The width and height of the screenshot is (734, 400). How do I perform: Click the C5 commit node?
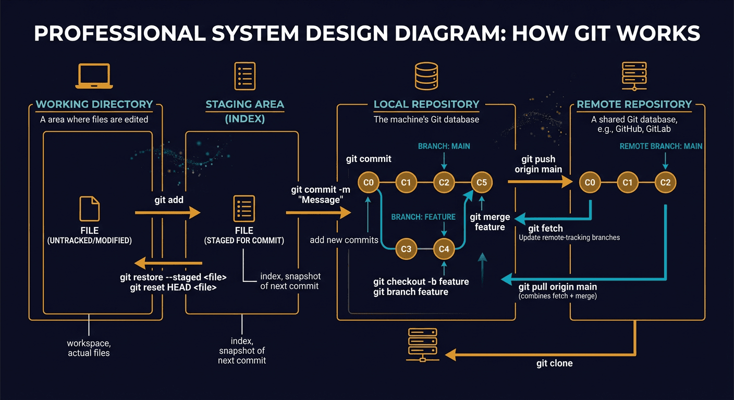coord(481,182)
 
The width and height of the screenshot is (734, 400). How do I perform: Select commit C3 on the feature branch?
coord(406,249)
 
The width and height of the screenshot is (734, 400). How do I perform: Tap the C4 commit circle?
coord(444,249)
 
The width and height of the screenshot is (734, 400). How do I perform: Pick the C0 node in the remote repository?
coord(590,182)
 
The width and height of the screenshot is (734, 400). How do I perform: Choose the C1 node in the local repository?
coord(406,182)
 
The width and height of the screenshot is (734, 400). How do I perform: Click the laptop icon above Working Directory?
coord(93,76)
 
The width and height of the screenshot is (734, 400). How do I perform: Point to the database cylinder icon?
coord(426,77)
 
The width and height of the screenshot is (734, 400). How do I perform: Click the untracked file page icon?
coord(89,209)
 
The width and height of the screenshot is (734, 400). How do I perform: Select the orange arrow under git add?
coord(167,213)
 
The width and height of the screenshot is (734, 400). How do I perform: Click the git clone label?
coord(554,363)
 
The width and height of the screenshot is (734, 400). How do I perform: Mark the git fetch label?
coord(545,228)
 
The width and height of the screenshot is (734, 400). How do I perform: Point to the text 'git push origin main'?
coord(538,164)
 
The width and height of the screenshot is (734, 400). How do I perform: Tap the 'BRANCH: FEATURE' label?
coord(423,217)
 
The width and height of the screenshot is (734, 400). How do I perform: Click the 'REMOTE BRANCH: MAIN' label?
coord(660,146)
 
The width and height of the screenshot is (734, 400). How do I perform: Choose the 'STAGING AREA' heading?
coord(244,104)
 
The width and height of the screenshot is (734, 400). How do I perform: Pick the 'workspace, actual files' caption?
coord(89,348)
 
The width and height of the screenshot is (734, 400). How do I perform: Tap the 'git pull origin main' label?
coord(557,287)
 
